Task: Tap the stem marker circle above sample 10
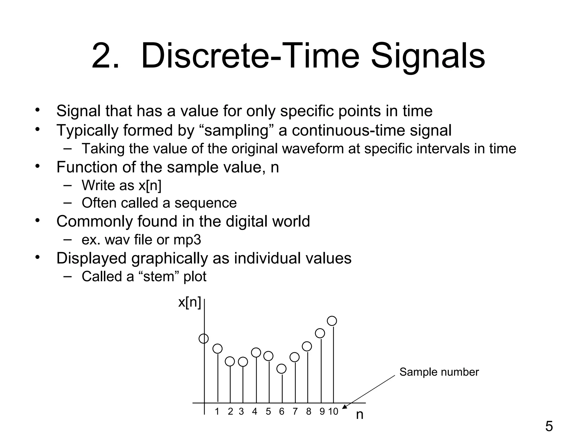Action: (332, 321)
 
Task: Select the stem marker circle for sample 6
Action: (281, 369)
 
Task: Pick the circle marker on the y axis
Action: (203, 339)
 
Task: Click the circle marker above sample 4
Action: (256, 352)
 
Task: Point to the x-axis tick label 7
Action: (295, 412)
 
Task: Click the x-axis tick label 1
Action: (217, 412)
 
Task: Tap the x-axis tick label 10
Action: (333, 412)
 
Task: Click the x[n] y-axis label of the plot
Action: (190, 302)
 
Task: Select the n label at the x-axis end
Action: (360, 415)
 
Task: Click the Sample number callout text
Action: (439, 372)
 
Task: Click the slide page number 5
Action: (549, 426)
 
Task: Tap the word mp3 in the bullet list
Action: (187, 240)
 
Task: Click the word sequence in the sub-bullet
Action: (205, 203)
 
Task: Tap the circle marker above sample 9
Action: (320, 333)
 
